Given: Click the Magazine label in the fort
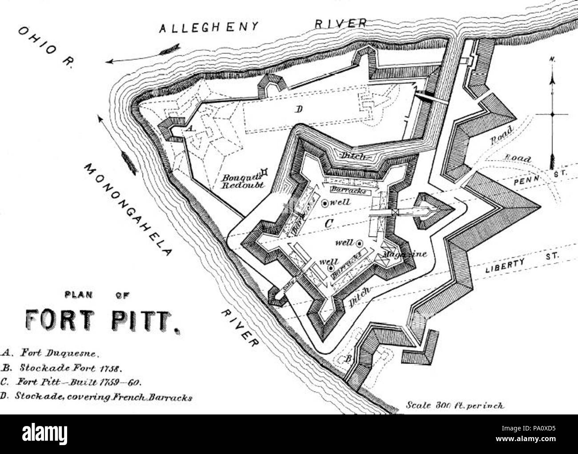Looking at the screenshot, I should [404, 255].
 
